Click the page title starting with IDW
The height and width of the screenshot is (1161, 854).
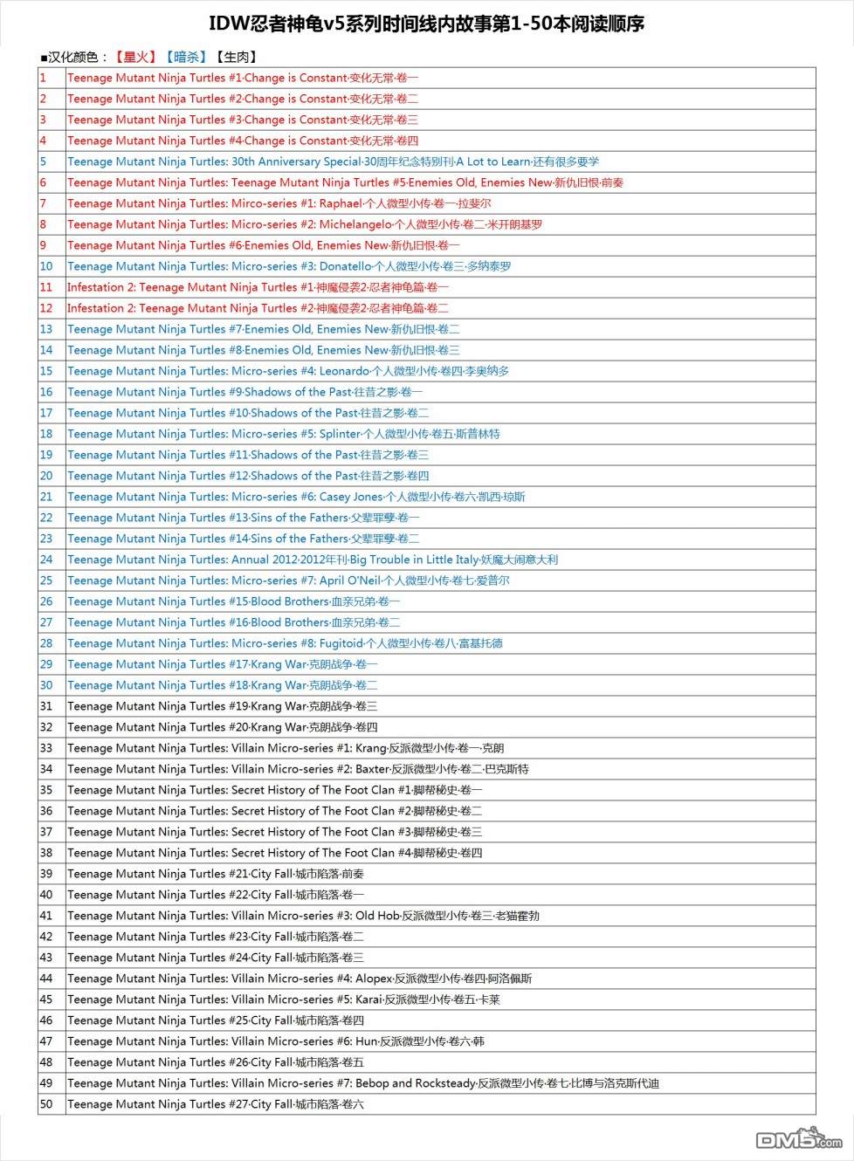point(426,24)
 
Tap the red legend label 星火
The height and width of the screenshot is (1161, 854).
point(135,57)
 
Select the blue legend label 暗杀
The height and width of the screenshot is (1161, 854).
point(186,57)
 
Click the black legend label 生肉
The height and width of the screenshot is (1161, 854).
point(236,57)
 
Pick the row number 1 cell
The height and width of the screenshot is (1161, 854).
point(43,78)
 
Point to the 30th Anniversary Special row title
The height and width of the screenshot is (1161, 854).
point(333,161)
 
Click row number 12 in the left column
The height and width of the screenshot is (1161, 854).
point(46,308)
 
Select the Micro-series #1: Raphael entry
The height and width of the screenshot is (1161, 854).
point(279,203)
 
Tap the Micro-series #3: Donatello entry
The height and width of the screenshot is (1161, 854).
point(289,266)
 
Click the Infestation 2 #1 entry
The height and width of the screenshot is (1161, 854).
point(258,287)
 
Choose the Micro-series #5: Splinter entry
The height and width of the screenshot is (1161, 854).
point(283,434)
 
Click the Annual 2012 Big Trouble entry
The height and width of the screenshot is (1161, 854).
point(312,560)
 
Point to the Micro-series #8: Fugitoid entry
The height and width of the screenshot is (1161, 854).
point(285,643)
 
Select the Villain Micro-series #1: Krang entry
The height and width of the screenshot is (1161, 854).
point(286,748)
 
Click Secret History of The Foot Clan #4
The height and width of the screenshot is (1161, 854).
point(274,853)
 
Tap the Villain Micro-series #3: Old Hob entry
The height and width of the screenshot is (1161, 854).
point(303,916)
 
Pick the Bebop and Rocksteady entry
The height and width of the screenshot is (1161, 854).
point(362,1083)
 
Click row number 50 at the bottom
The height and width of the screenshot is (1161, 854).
point(46,1104)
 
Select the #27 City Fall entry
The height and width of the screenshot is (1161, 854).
point(215,1104)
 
